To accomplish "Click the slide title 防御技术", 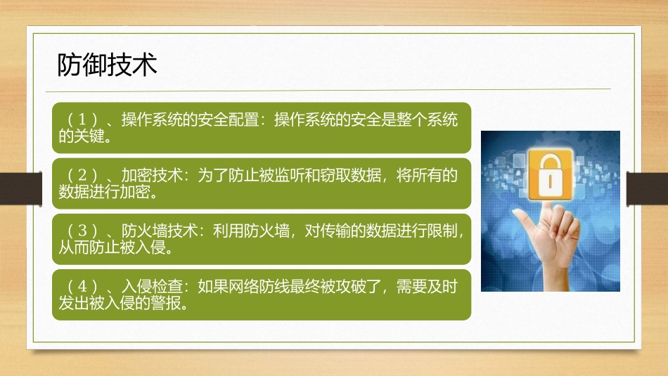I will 106,65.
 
